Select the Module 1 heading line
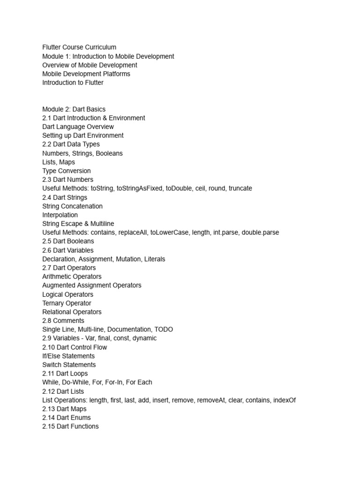[108, 56]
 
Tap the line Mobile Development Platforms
[86, 74]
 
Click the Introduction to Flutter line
[73, 82]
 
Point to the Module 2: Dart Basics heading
[74, 109]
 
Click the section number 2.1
[46, 118]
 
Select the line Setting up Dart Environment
[83, 135]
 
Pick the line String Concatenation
[72, 206]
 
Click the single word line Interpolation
[60, 215]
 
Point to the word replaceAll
[132, 232]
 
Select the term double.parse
[260, 232]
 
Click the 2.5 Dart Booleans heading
[68, 241]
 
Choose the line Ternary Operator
[67, 303]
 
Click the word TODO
[163, 330]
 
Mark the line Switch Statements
[69, 365]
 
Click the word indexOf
[283, 400]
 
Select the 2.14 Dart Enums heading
[67, 418]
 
